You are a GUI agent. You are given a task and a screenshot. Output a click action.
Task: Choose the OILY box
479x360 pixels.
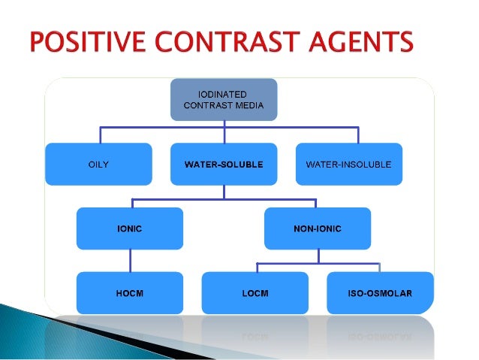tap(98, 164)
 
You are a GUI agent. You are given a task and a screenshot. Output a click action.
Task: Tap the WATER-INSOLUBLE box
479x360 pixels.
tap(348, 164)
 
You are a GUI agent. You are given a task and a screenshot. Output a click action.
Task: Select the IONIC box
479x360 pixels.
tap(129, 228)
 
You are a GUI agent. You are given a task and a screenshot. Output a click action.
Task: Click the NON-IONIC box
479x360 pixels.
tap(318, 228)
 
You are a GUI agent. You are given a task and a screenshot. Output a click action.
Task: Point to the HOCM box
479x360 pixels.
tap(129, 292)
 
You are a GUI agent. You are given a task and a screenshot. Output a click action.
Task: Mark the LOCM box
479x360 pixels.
tap(255, 292)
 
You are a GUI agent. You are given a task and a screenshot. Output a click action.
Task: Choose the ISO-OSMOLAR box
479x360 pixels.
tap(380, 292)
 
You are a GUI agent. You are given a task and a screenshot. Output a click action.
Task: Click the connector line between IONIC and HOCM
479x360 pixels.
tap(129, 260)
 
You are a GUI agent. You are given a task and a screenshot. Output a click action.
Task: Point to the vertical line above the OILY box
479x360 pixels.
tap(98, 135)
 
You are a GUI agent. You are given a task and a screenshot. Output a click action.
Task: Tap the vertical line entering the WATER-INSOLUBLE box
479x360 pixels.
tap(348, 135)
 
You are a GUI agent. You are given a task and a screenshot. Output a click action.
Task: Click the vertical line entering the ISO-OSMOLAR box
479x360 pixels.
tap(380, 267)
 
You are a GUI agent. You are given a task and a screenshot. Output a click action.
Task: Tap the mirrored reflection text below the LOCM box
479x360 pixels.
tap(255, 331)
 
